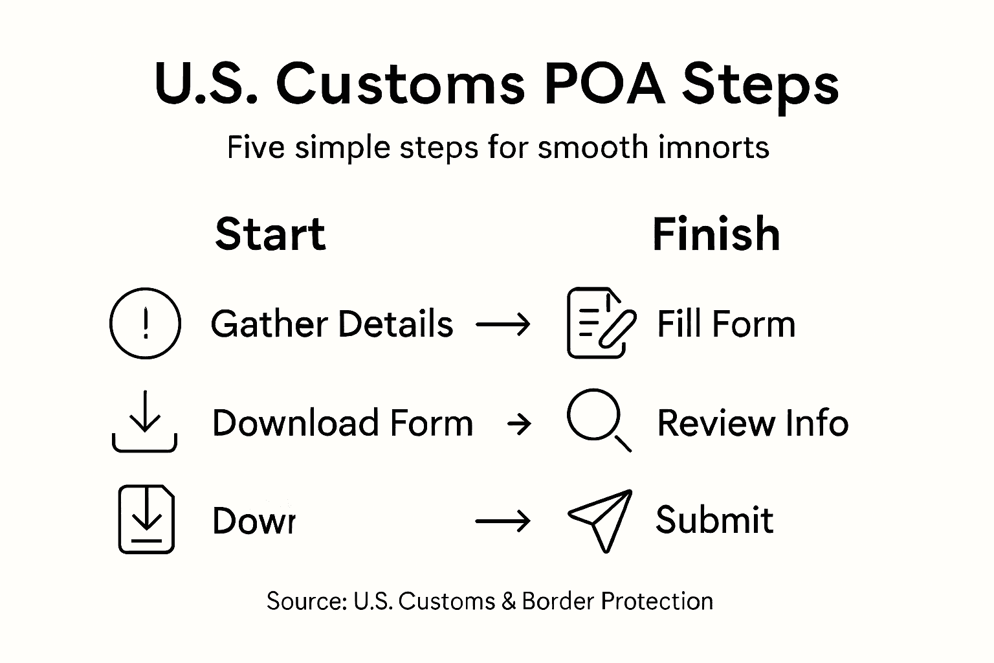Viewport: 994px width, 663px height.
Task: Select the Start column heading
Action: click(x=271, y=234)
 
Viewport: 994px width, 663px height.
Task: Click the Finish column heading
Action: click(x=716, y=234)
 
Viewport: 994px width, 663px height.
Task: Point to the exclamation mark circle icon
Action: click(x=145, y=323)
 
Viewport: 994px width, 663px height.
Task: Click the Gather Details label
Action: click(x=332, y=324)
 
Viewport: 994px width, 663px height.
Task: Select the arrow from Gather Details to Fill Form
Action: click(x=503, y=324)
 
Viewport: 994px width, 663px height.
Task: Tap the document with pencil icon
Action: click(x=600, y=323)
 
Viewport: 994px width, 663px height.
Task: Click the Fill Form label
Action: click(x=725, y=324)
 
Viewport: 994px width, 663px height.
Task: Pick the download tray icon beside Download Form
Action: click(x=145, y=421)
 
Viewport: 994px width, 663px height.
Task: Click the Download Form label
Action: click(x=342, y=423)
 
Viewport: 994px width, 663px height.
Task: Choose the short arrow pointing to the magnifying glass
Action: click(x=520, y=425)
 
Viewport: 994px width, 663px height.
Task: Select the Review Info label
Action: click(x=753, y=423)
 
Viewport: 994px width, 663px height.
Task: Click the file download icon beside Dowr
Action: click(x=146, y=519)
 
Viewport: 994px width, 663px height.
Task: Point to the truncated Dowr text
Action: click(x=254, y=521)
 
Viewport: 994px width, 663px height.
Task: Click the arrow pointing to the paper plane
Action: click(x=503, y=521)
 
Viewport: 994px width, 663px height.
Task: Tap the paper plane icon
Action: click(x=600, y=519)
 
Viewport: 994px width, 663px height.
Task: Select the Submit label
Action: click(x=714, y=520)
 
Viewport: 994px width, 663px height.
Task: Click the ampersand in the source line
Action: click(x=507, y=601)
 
